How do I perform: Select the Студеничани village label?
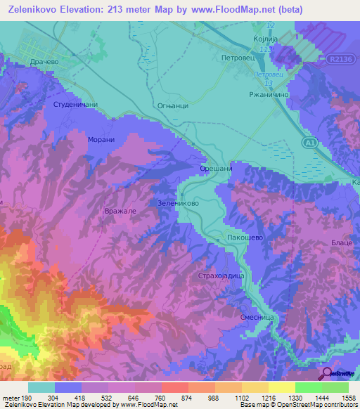(75, 105)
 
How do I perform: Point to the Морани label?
(101, 140)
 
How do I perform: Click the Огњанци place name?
(172, 106)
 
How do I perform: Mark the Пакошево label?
(244, 238)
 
